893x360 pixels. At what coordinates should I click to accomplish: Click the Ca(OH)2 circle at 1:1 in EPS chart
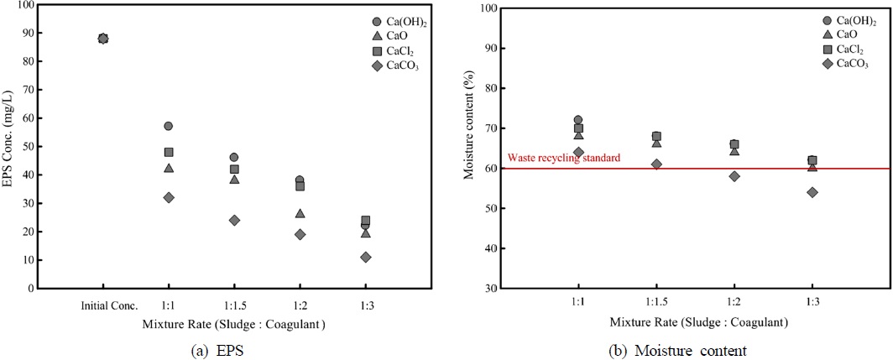(x=169, y=126)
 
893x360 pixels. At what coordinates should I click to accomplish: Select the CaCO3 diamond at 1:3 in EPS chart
(x=366, y=257)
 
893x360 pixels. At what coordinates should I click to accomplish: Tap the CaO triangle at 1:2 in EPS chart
(x=300, y=213)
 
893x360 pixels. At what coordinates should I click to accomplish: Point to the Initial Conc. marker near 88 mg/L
(x=103, y=39)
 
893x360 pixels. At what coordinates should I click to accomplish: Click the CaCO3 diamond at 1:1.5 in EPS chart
(x=234, y=220)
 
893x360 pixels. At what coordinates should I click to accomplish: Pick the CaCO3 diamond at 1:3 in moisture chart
(x=812, y=192)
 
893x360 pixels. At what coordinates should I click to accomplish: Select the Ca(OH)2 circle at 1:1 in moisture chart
(x=577, y=120)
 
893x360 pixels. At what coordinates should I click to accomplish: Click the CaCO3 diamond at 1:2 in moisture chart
(x=734, y=176)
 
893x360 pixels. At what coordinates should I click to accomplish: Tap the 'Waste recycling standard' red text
(x=563, y=158)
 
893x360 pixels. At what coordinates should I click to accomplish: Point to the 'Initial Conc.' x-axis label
(x=103, y=304)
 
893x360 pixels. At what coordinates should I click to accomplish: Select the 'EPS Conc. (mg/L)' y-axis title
(x=8, y=147)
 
